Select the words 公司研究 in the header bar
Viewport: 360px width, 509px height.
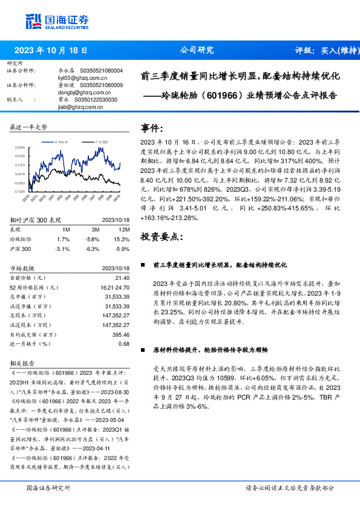coord(197,51)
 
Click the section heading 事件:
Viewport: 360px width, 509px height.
coord(152,128)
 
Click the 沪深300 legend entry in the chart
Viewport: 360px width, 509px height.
coord(100,140)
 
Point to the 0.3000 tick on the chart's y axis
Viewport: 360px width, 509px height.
coord(20,147)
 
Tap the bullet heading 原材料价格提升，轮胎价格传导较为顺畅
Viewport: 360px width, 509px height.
coord(210,350)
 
